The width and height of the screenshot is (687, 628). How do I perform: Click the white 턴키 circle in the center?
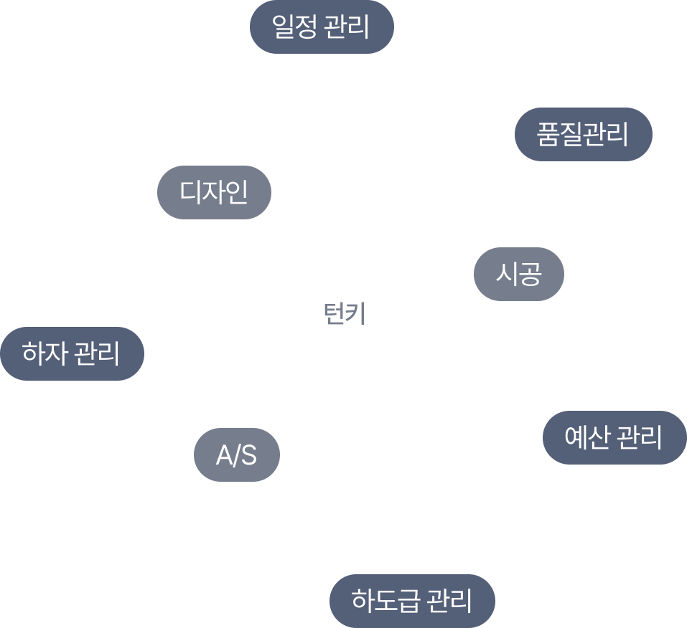[x=345, y=313]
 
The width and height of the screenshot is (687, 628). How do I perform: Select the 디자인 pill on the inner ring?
[x=214, y=192]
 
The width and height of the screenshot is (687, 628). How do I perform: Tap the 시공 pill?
[x=519, y=274]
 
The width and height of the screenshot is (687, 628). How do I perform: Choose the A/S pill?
[x=237, y=455]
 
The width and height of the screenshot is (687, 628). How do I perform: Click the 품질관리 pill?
[x=583, y=134]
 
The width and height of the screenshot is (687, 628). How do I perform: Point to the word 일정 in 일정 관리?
[x=294, y=27]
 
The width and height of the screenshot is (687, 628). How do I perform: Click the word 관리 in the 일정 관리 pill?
[x=347, y=27]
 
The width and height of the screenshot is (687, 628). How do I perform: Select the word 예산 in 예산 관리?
[x=588, y=437]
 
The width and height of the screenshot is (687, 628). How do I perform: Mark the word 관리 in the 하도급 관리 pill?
[x=449, y=600]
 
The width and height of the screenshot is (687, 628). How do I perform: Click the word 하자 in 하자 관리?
[x=45, y=353]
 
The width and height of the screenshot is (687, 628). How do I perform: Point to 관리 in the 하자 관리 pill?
[x=97, y=353]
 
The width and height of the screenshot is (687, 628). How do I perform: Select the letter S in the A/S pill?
[x=248, y=455]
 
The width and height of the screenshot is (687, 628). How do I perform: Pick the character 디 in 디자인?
[x=190, y=192]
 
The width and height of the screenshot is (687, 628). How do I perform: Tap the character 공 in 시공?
[x=530, y=274]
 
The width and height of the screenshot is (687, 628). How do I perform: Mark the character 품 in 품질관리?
[x=548, y=134]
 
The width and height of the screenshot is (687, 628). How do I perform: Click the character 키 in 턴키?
[x=357, y=313]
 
